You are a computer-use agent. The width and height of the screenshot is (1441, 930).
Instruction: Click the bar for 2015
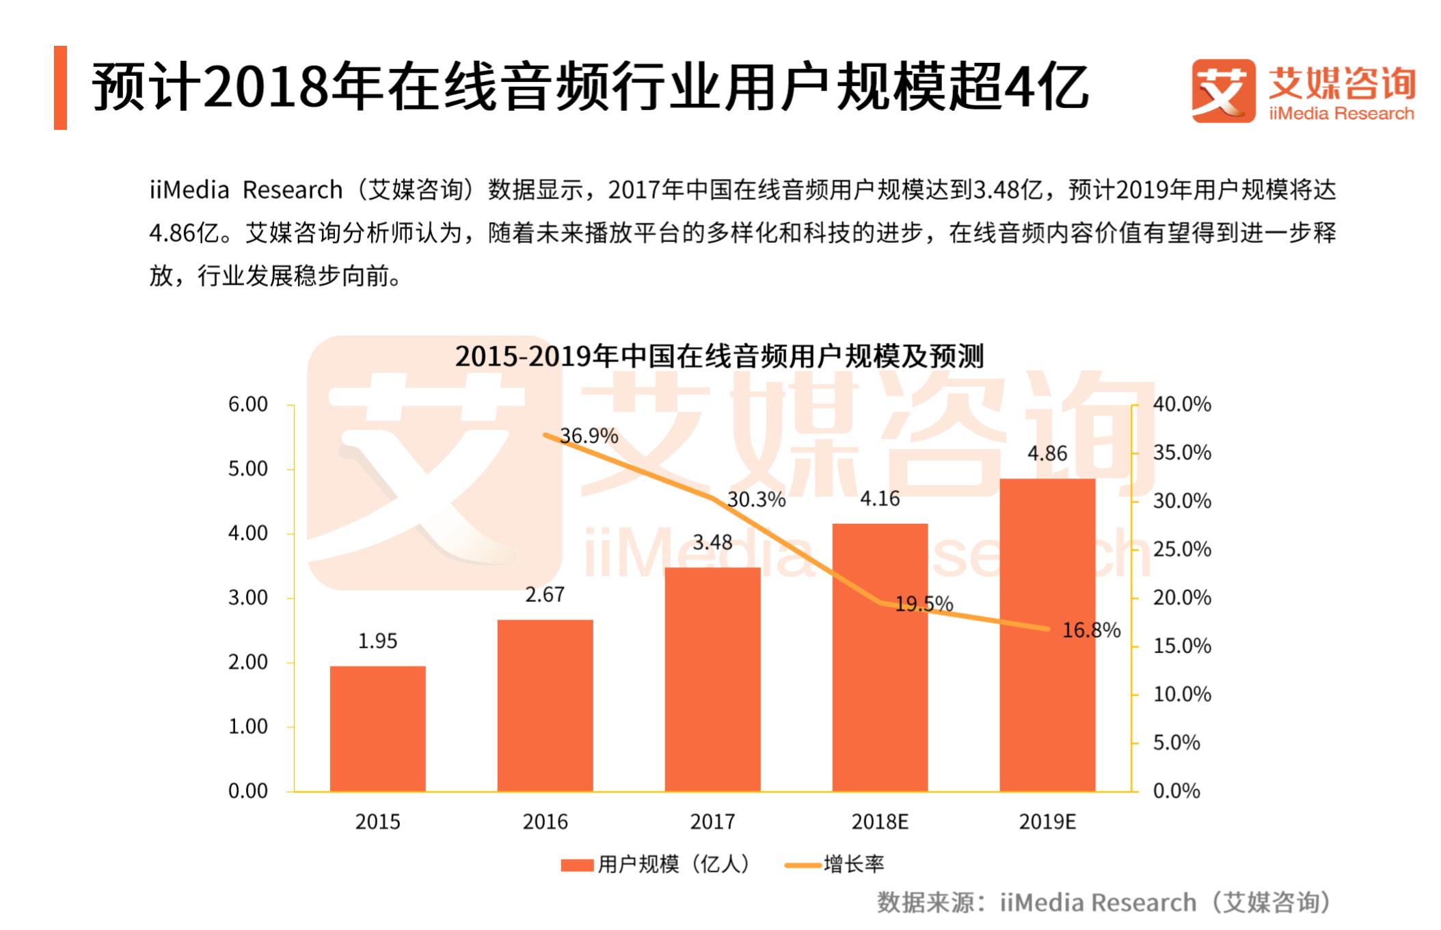377,728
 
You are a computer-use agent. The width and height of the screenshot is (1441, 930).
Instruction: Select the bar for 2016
545,705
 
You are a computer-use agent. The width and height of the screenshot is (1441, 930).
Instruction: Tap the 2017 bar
712,679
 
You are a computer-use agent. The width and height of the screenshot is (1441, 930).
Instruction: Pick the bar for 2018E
880,657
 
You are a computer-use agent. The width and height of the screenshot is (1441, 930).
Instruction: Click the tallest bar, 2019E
1047,635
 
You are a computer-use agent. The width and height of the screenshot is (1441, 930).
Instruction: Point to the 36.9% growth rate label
589,436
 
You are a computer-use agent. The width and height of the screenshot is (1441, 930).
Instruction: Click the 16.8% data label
1091,630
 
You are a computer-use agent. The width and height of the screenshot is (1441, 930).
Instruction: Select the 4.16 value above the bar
880,499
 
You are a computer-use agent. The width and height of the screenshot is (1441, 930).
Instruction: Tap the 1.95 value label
377,641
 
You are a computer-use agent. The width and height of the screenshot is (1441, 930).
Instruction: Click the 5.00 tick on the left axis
248,469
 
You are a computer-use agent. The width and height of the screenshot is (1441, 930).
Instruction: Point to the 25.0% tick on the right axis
1182,549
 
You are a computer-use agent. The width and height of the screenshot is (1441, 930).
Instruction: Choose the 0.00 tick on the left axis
248,791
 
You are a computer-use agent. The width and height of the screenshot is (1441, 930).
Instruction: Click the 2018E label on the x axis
880,821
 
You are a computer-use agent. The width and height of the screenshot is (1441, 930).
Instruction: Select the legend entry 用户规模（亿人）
656,864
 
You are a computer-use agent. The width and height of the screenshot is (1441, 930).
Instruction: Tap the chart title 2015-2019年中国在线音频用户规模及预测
719,356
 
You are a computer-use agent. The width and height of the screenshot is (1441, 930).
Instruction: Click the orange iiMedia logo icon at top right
1223,91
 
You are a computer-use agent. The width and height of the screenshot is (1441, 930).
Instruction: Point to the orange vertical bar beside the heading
60,88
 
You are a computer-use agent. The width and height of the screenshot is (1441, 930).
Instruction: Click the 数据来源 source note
1105,903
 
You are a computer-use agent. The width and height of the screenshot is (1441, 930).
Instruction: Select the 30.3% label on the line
756,500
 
